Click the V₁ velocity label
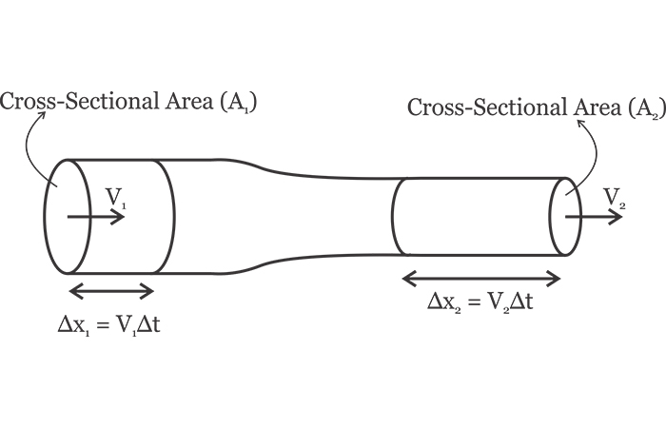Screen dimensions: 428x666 point(116,198)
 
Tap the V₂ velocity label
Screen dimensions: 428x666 point(615,197)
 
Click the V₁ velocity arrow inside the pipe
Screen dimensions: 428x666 point(96,217)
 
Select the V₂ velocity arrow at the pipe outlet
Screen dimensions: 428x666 point(595,217)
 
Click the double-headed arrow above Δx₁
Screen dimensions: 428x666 point(111,291)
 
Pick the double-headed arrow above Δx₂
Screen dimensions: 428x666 point(481,278)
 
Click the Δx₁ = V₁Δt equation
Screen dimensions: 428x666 point(115,324)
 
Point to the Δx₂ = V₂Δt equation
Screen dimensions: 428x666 point(480,303)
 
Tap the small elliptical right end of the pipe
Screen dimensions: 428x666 point(565,216)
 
